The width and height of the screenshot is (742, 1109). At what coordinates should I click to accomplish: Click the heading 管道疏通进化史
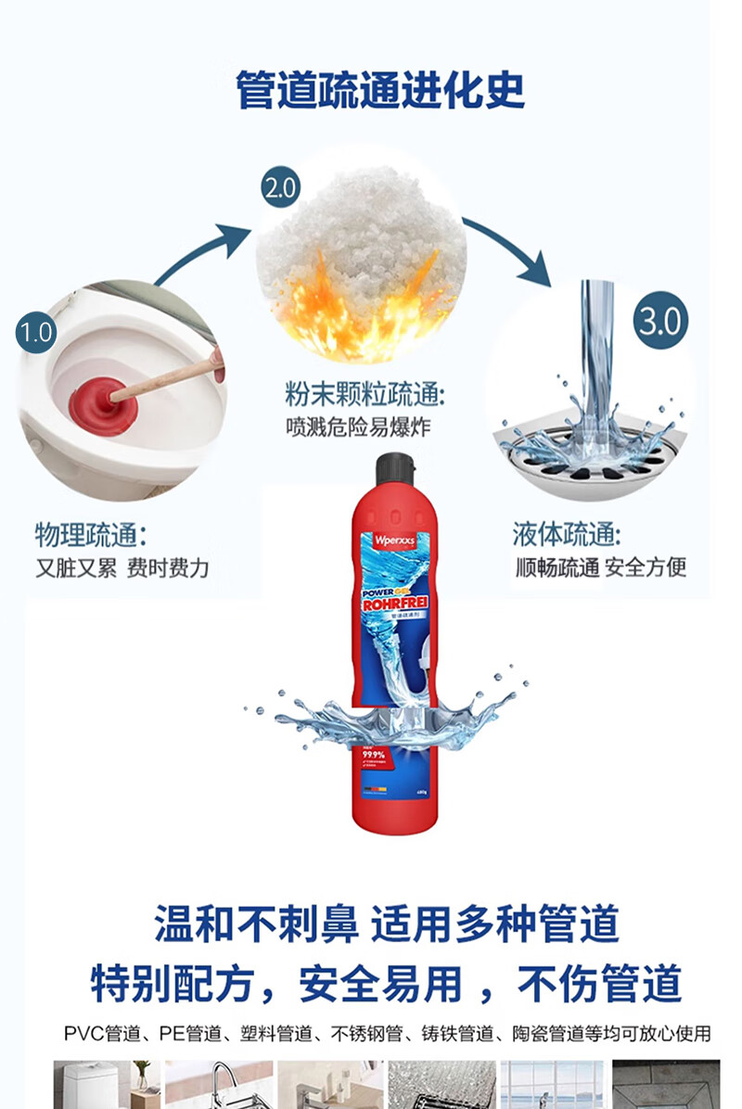[380, 90]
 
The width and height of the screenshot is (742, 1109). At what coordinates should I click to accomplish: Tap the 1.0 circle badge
[36, 332]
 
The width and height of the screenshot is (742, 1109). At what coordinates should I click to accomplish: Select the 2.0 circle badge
[279, 189]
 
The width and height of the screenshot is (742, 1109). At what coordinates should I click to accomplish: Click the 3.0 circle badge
[661, 322]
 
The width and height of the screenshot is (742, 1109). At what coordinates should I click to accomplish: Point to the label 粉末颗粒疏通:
[365, 396]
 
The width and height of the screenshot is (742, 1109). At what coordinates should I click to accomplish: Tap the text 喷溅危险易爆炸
[358, 427]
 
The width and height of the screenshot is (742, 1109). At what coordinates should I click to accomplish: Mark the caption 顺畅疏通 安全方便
[601, 567]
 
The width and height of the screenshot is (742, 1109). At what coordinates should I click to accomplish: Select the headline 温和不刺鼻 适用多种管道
[386, 924]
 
